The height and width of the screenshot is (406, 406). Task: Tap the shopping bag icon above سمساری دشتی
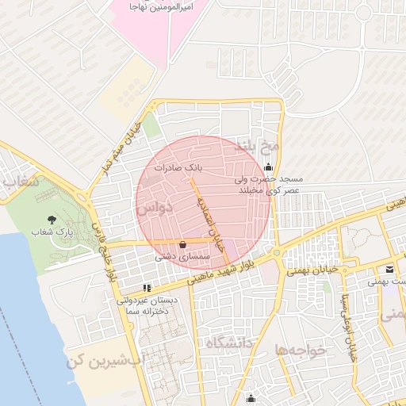pos(184,244)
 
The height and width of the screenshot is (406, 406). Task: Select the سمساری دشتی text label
pos(183,257)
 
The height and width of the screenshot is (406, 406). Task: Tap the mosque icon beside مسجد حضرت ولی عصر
pos(269,167)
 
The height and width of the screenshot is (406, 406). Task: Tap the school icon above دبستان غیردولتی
pos(145,288)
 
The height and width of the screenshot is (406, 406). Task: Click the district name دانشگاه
pos(228,343)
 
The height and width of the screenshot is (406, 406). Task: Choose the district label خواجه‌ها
pos(301,350)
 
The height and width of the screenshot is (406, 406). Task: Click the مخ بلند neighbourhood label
pos(259,147)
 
